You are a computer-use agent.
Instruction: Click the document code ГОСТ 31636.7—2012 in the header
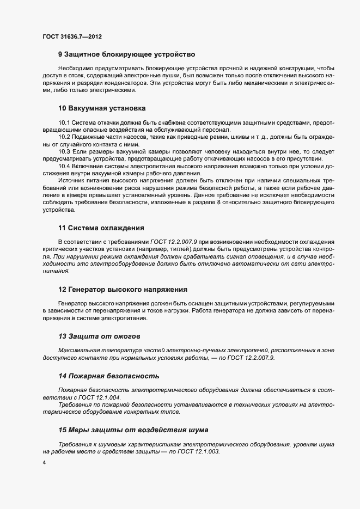coord(72,37)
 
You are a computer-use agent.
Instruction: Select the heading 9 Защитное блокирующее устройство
coord(126,54)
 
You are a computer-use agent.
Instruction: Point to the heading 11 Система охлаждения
coord(101,228)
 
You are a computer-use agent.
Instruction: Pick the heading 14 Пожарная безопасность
coord(108,376)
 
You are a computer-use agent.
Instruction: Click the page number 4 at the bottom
coord(44,463)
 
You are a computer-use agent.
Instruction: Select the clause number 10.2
coord(64,138)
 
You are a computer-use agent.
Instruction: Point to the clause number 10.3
coord(64,151)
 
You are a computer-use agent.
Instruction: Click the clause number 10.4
coord(64,165)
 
